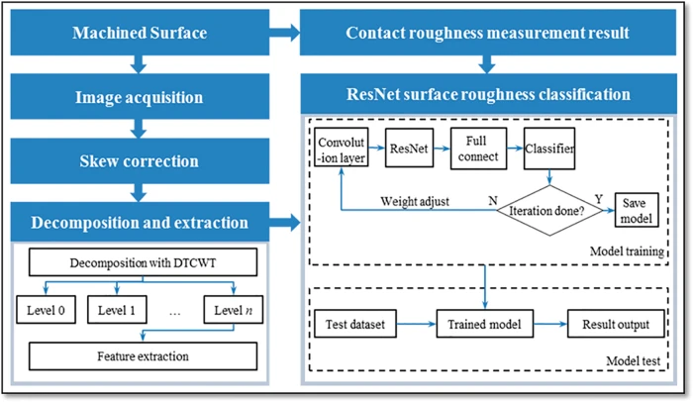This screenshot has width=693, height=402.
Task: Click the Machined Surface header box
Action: pyautogui.click(x=140, y=34)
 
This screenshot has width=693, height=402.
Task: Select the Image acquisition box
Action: pyautogui.click(x=140, y=97)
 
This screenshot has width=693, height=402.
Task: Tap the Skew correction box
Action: pyautogui.click(x=140, y=160)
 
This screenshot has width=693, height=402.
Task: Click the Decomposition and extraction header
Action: pyautogui.click(x=140, y=223)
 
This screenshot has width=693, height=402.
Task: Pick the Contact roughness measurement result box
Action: pyautogui.click(x=487, y=34)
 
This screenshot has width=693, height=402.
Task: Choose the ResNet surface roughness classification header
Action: pyautogui.click(x=487, y=96)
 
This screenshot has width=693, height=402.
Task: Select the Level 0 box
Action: pyautogui.click(x=47, y=312)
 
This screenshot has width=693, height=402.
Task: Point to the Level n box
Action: pyautogui.click(x=233, y=312)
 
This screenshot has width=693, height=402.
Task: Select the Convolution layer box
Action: pyautogui.click(x=343, y=149)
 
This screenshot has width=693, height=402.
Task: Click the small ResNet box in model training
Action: pyautogui.click(x=409, y=148)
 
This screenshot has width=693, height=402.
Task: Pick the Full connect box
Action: pyautogui.click(x=478, y=148)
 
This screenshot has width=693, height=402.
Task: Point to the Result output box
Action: pyautogui.click(x=610, y=323)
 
